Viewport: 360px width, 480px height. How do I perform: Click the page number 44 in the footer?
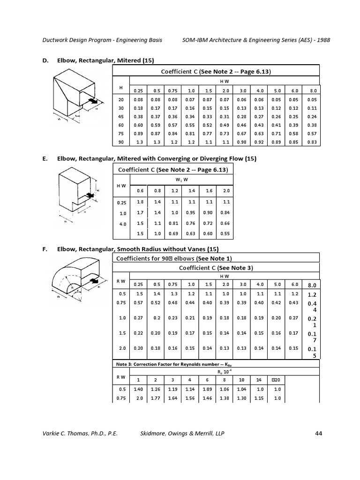(319, 434)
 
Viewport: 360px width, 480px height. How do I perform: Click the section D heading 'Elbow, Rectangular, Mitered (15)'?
(105, 60)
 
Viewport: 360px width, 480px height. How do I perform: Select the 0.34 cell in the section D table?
(191, 117)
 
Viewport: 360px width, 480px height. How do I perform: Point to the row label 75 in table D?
(121, 134)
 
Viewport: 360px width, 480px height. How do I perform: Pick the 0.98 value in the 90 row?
(242, 142)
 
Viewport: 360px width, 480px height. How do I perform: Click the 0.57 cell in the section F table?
(138, 303)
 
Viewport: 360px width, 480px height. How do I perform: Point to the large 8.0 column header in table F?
(312, 285)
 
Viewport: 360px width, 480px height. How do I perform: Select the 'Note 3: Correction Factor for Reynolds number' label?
(167, 364)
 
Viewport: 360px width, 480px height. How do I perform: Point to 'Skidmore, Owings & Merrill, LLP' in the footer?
(182, 434)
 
